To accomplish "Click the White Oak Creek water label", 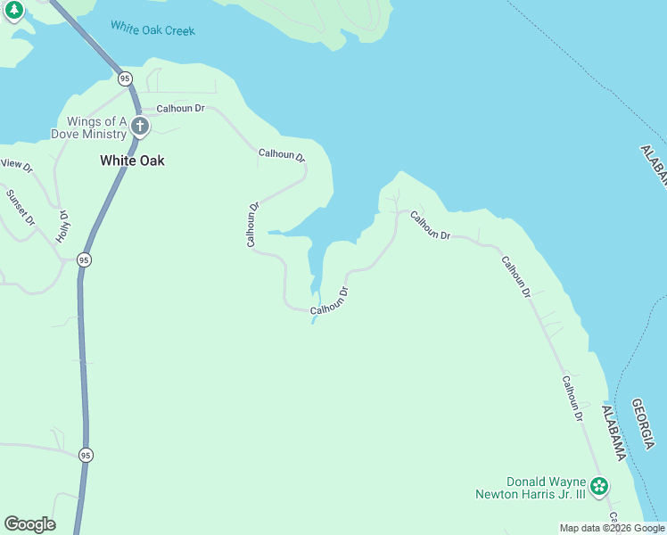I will click(x=152, y=29).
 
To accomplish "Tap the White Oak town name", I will click(x=132, y=161).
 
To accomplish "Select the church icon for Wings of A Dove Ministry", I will click(x=140, y=126).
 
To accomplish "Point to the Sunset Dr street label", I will click(x=20, y=207).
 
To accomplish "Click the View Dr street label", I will click(x=16, y=164).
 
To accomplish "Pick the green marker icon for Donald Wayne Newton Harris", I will click(x=600, y=486).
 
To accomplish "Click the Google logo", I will click(x=29, y=524).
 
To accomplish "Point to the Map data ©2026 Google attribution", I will click(x=612, y=528).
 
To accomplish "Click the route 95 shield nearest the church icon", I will click(x=126, y=78).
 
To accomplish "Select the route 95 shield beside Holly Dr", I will click(x=84, y=259).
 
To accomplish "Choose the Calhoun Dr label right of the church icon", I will click(x=181, y=108).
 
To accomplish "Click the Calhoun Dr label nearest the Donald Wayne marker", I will click(x=572, y=398).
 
